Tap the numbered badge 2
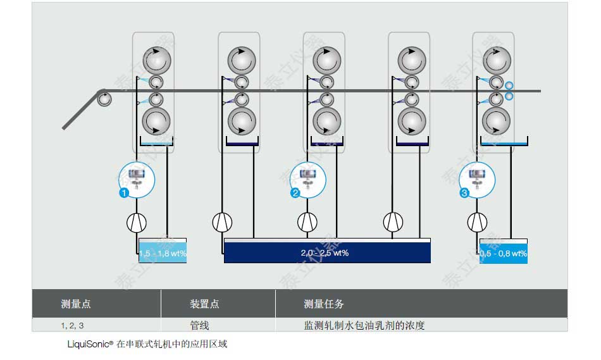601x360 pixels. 295,194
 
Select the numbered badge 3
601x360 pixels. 465,194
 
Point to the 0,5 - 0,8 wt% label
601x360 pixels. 504,254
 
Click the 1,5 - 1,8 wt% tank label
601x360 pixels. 163,254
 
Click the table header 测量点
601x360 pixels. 76,304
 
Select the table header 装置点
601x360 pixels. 204,304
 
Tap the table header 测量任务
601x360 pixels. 324,304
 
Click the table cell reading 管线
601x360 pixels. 199,326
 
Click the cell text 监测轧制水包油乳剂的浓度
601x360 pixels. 364,326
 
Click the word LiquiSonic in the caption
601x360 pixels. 89,345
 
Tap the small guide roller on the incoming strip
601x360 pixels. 104,98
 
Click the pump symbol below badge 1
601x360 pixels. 137,222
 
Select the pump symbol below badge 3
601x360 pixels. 477,222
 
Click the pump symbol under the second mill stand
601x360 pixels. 222,222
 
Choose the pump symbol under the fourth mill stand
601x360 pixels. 393,222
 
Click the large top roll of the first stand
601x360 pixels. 156,60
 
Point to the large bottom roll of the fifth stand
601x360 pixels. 497,120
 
